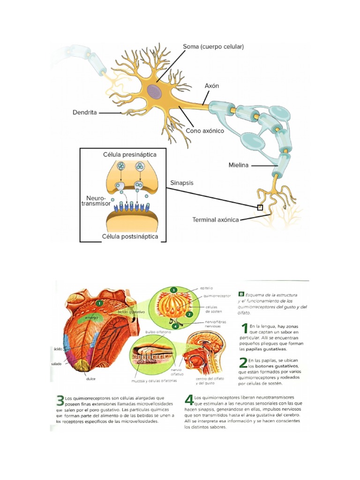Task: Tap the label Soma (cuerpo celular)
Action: (213, 47)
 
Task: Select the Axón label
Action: (212, 86)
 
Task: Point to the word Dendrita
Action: (85, 112)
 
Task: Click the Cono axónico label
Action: (205, 131)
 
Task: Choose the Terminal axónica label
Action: (216, 219)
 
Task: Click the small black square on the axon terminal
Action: (260, 207)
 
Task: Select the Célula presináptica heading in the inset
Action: (130, 154)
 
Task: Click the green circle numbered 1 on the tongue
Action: (99, 303)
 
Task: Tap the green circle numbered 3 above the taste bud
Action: (173, 290)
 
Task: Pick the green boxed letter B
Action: (241, 294)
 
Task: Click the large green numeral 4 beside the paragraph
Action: (189, 399)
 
